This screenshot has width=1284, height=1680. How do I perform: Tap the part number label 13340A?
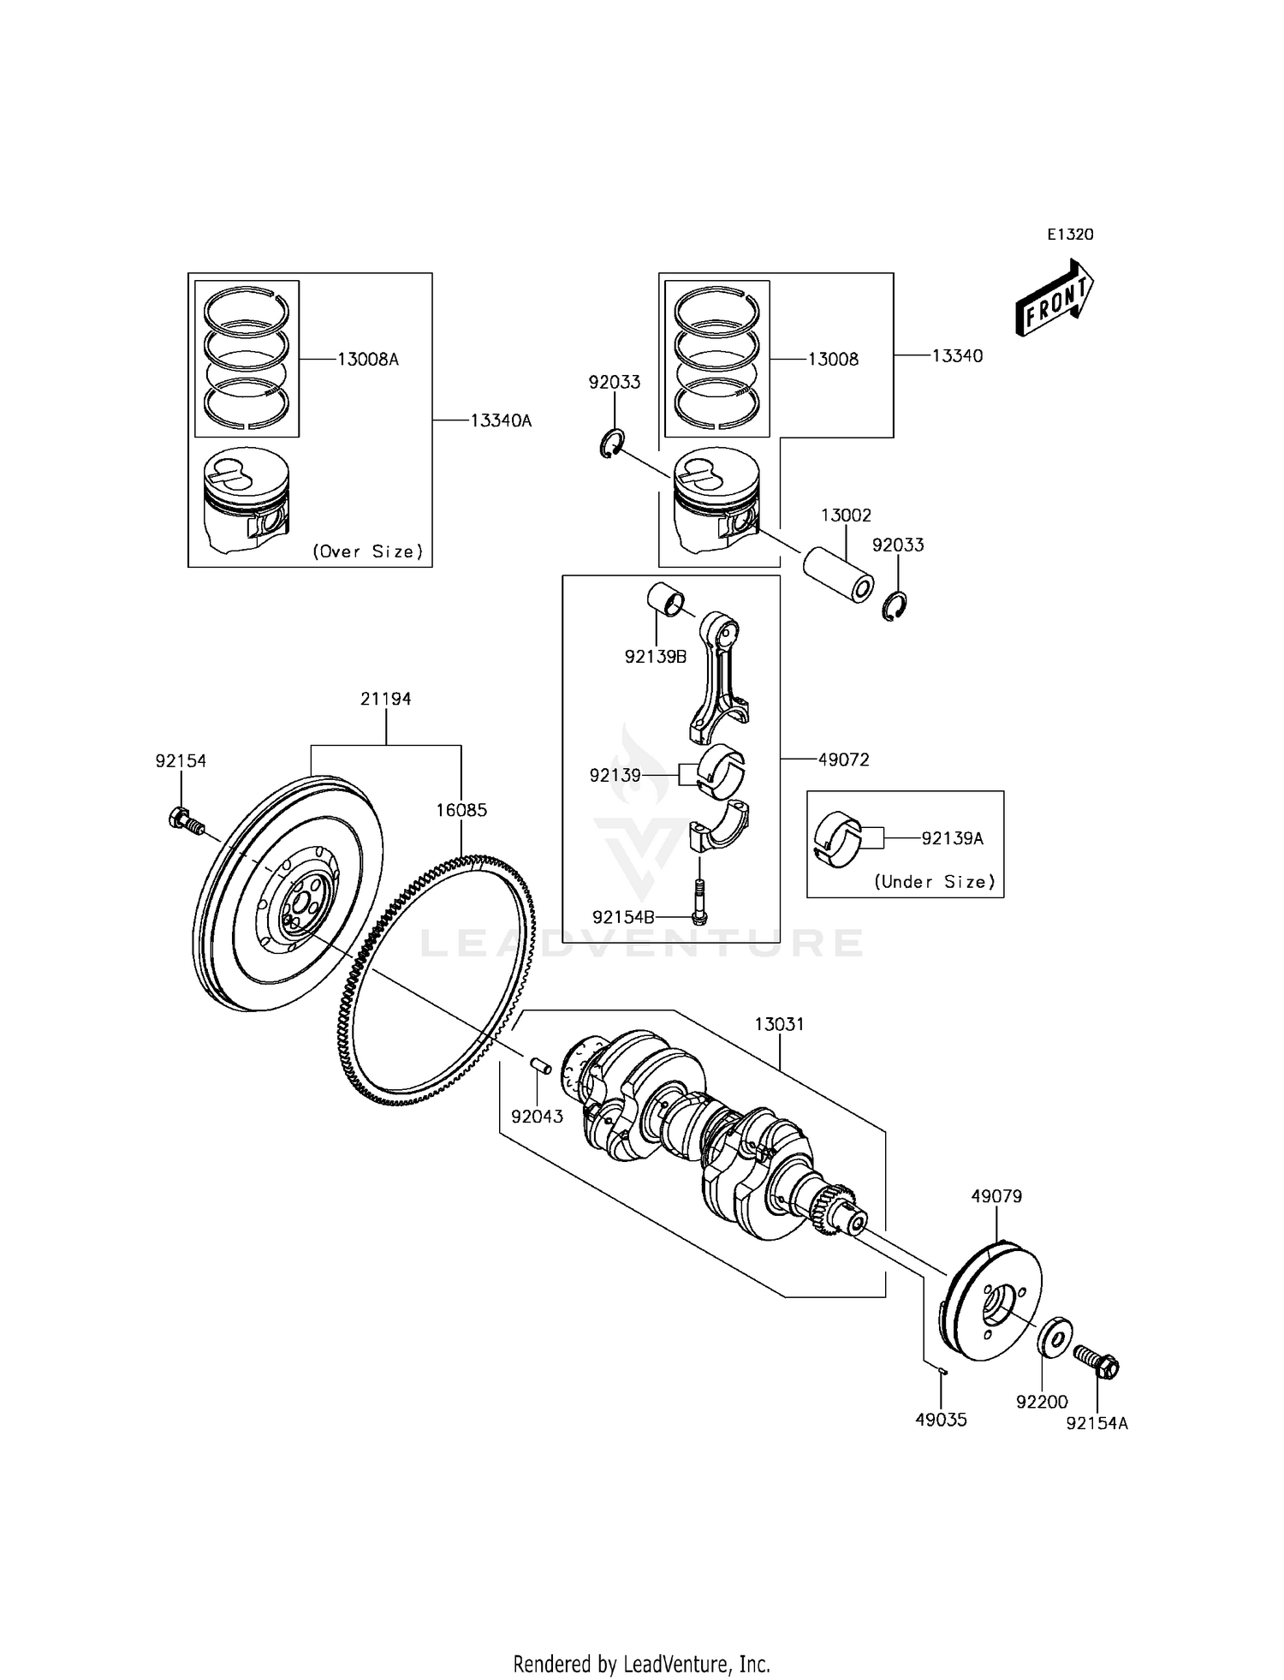500,420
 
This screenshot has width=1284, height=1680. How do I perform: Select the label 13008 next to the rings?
833,359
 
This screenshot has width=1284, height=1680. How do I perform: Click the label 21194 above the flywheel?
385,699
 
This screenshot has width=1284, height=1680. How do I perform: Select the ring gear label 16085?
461,809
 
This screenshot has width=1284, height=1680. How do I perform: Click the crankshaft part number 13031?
779,1024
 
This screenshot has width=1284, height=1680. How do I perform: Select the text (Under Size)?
935,881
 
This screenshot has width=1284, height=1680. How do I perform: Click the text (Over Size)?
368,551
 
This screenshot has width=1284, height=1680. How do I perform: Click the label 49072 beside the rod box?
843,760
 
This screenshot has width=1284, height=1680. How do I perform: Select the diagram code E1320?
1070,235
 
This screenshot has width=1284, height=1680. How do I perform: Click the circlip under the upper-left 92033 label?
611,444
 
